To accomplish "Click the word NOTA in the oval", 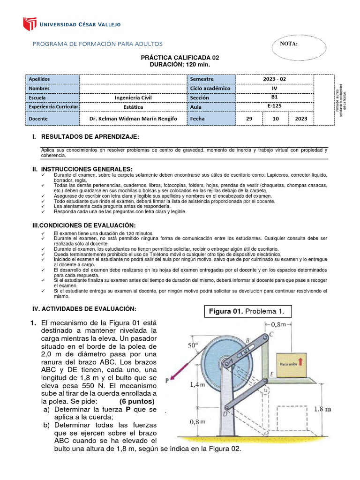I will pyautogui.click(x=289, y=44).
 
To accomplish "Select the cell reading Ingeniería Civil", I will pyautogui.click(x=133, y=97).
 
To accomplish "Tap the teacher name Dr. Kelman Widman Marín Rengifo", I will pyautogui.click(x=133, y=119).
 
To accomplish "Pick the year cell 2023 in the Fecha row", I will pyautogui.click(x=301, y=119).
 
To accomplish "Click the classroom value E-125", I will pyautogui.click(x=274, y=106).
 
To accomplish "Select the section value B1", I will pyautogui.click(x=274, y=97).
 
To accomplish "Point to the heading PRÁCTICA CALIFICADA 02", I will pyautogui.click(x=180, y=57).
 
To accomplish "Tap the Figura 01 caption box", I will pyautogui.click(x=248, y=311).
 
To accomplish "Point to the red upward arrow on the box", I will pyautogui.click(x=300, y=361).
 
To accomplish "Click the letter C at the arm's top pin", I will pyautogui.click(x=271, y=334).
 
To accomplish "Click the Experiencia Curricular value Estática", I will pyautogui.click(x=133, y=106).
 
